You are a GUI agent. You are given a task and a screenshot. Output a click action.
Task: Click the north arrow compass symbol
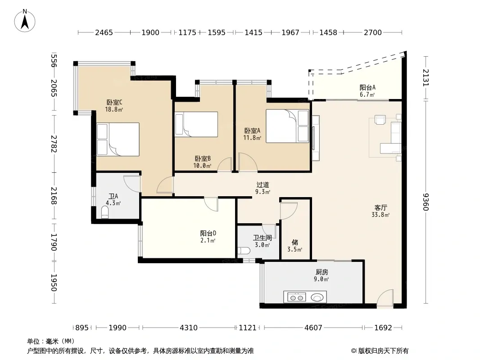tap(25, 21)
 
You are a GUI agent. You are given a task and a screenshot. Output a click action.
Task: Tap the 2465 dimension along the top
tap(104, 32)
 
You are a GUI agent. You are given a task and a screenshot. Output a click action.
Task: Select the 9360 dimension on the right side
tap(426, 202)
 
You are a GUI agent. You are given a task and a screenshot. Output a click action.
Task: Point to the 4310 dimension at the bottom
tap(189, 328)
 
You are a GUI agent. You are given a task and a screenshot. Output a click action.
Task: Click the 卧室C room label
tap(114, 103)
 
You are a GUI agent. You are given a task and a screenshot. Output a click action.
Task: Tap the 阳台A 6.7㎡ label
tap(367, 91)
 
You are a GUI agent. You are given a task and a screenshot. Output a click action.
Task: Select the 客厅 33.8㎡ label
tap(380, 211)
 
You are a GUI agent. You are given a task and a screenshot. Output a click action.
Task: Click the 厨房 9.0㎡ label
tap(322, 275)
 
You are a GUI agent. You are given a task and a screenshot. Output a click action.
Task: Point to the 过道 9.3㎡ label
tap(263, 188)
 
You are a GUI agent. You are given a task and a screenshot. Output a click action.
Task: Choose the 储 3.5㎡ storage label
tap(295, 246)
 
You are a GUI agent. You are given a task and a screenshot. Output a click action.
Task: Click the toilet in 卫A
tap(105, 212)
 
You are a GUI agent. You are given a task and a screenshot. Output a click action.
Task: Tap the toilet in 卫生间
tap(244, 251)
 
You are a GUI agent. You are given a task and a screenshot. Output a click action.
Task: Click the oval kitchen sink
tap(317, 297)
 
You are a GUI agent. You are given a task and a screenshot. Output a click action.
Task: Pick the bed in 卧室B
tap(196, 124)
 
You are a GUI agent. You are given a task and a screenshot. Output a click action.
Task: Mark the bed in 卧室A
tap(287, 126)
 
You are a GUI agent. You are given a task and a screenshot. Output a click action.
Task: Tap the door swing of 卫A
tap(132, 184)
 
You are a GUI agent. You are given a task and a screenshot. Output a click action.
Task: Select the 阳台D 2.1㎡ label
tap(208, 237)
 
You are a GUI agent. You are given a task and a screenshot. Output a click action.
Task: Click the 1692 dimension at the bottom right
tap(383, 328)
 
